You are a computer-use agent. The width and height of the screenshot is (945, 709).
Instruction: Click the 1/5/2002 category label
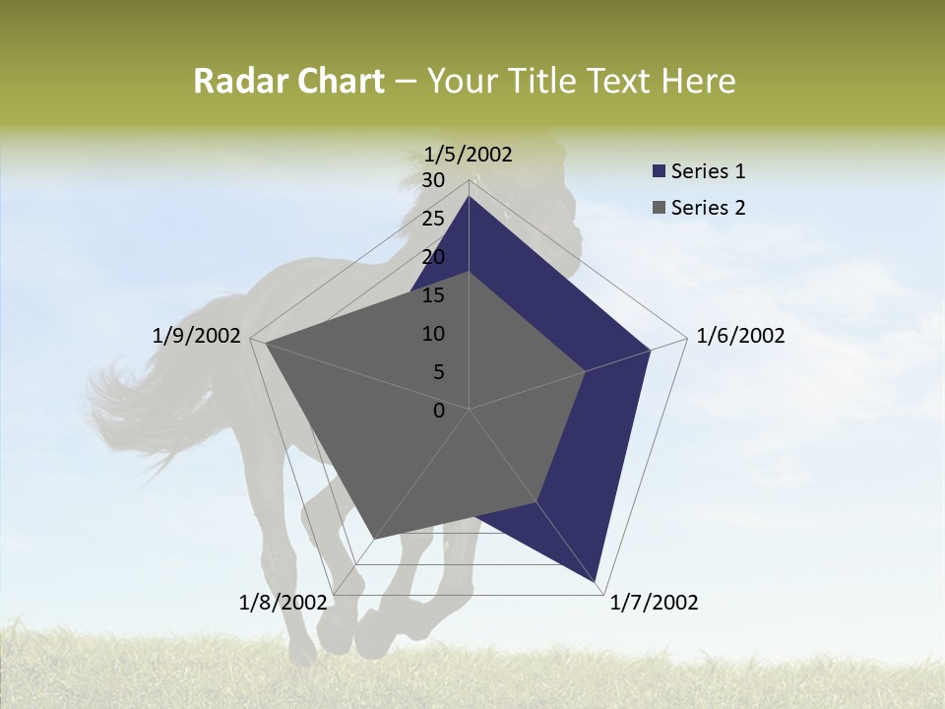[x=469, y=154]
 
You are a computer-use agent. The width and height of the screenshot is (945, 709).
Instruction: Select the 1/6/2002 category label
[x=740, y=336]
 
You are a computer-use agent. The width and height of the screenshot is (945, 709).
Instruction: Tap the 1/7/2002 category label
[x=654, y=603]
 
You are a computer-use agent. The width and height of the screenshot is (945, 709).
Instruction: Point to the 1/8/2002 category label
[x=283, y=603]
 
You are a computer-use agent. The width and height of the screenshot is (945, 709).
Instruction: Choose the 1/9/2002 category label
[x=197, y=336]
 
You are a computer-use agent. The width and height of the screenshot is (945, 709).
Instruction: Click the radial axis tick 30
[x=433, y=180]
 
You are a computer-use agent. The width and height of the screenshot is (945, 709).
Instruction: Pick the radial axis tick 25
[x=433, y=219]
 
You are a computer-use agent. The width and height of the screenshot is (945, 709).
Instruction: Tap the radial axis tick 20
[x=433, y=257]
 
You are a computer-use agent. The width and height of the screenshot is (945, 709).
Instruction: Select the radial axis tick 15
[x=433, y=295]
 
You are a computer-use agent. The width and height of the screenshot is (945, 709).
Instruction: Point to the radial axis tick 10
[x=433, y=334]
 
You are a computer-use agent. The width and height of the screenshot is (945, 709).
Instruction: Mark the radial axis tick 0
[x=439, y=411]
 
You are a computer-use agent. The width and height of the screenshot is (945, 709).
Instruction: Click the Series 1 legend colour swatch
[x=659, y=171]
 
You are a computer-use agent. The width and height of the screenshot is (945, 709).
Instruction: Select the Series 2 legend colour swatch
[x=659, y=208]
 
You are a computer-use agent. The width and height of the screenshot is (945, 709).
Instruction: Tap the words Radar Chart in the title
[x=288, y=82]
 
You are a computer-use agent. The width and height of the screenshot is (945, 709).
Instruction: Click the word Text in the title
[x=622, y=82]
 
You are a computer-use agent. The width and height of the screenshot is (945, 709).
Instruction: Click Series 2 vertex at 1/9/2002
[x=265, y=344]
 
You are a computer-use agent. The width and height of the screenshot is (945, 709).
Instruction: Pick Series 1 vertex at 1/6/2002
[x=650, y=350]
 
